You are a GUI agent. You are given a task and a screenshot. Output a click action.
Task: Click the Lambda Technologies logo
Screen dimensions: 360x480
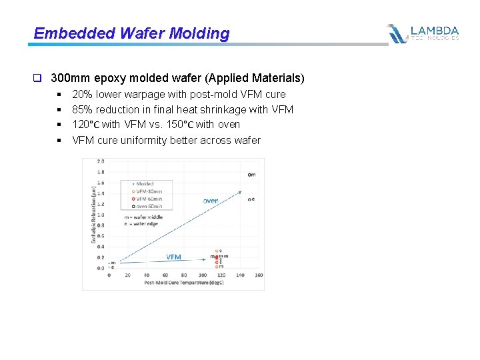tap(423, 33)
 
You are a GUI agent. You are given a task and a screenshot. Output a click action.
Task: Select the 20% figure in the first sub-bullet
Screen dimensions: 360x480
tap(82, 95)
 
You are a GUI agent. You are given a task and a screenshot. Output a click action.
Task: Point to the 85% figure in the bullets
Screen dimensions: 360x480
tap(82, 109)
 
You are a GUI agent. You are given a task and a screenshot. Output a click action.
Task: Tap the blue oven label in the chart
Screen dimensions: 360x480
tap(211, 200)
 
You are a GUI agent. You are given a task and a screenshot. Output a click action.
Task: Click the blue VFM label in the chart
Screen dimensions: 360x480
tap(173, 257)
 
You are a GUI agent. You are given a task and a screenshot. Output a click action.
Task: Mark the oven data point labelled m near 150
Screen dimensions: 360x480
tap(251, 175)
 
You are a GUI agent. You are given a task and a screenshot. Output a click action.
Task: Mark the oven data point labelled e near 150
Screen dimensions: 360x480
tap(251, 199)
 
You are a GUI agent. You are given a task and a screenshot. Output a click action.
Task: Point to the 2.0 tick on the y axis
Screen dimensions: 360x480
tap(101, 161)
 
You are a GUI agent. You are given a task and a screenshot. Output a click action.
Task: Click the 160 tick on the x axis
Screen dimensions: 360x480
tap(259, 275)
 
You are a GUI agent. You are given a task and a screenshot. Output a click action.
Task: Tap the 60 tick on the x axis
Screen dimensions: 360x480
tap(165, 275)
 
